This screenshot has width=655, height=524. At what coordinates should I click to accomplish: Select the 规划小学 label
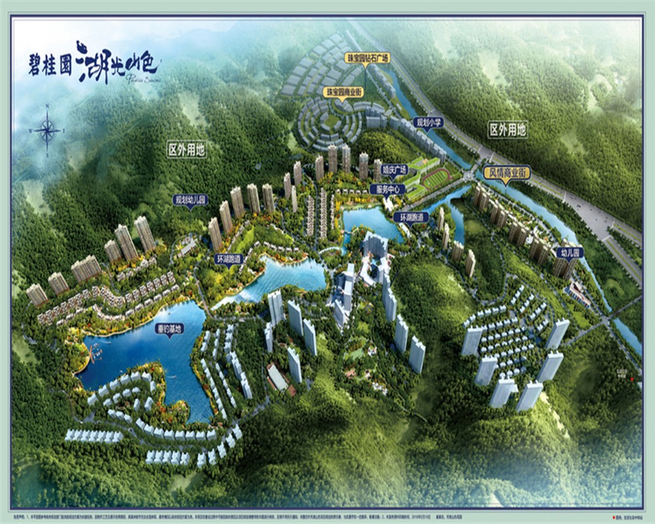pos(428,122)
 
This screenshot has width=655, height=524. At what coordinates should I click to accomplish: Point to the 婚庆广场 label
pos(395,169)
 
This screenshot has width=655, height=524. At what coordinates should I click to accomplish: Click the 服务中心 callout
pos(387,189)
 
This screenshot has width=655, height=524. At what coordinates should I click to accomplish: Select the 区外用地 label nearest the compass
pos(187,150)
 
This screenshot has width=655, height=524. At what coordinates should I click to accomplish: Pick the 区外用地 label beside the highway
pos(508,130)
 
